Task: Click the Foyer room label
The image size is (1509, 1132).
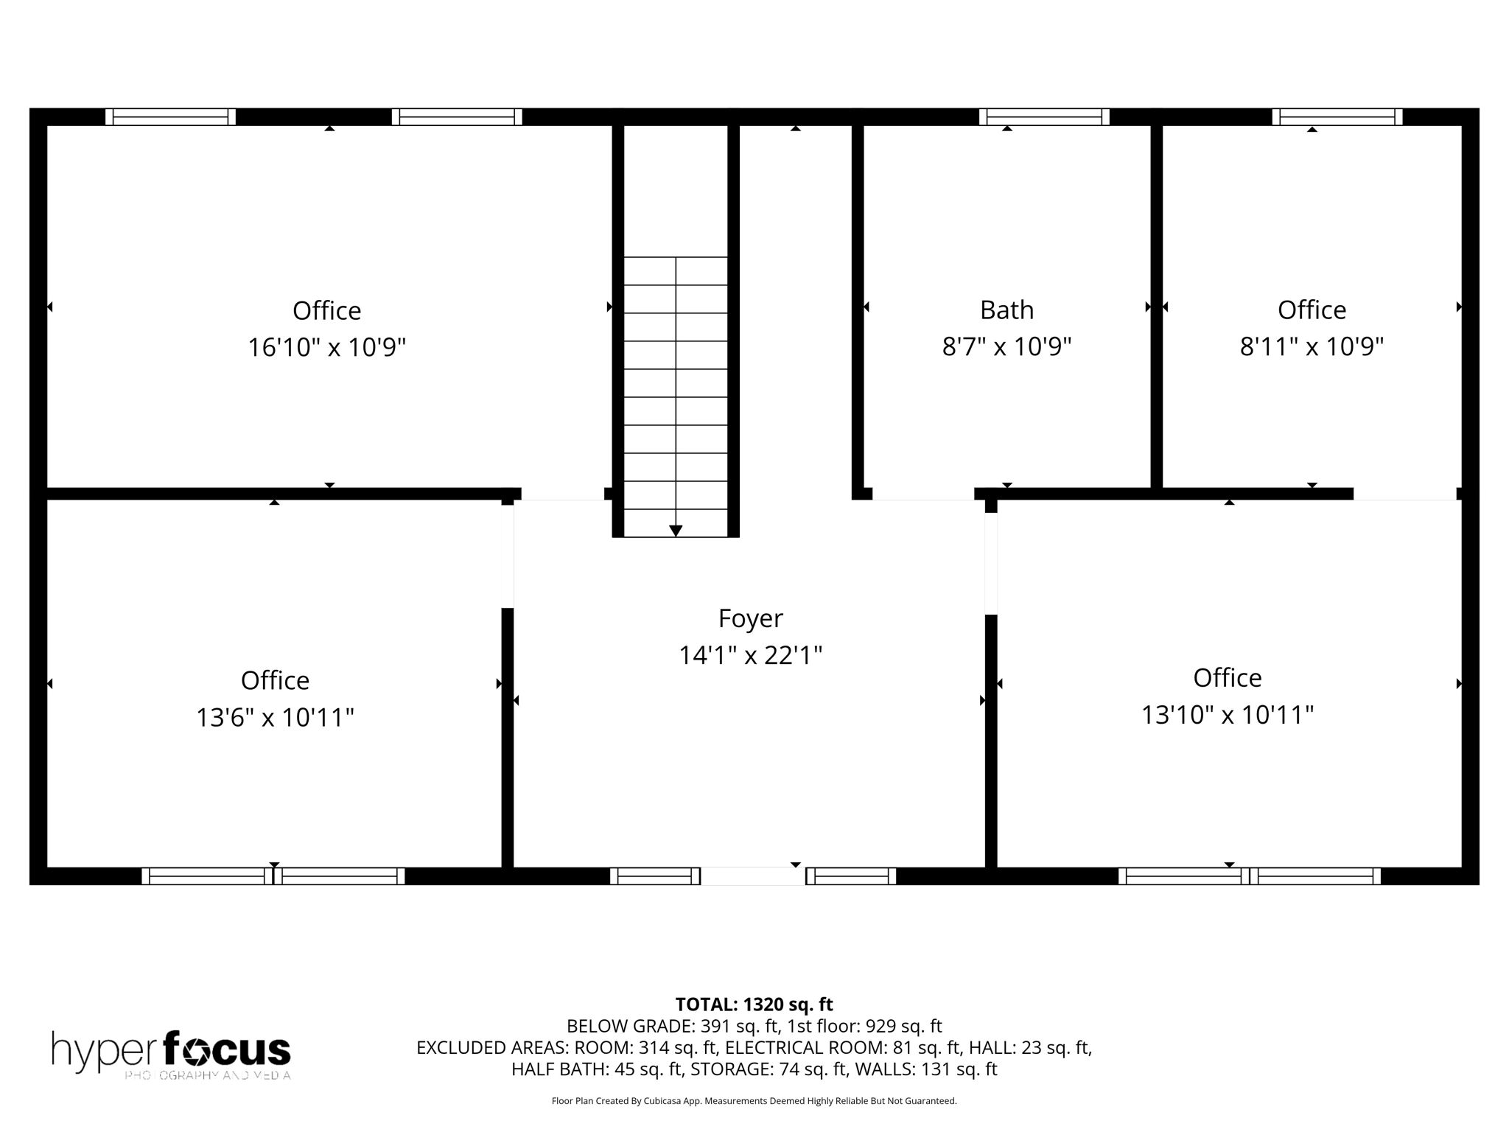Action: [750, 618]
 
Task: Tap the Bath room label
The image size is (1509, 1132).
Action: [1006, 310]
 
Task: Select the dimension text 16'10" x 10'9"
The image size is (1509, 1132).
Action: [326, 347]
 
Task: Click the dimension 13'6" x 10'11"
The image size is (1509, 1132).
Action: [275, 717]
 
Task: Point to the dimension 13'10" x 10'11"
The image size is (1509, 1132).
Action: [1227, 715]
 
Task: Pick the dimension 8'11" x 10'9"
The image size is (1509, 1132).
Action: [1312, 346]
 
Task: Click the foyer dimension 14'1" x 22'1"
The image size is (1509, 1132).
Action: [750, 655]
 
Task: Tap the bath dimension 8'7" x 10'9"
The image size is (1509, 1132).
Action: [1006, 346]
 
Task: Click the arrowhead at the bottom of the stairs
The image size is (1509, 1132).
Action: [676, 531]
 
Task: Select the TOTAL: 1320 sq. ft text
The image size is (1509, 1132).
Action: [754, 1005]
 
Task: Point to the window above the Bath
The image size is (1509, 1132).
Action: [1044, 117]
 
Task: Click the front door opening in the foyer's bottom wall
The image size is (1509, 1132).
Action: [752, 876]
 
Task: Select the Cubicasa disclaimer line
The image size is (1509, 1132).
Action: [754, 1101]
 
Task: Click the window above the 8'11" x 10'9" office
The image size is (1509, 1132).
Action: [1337, 117]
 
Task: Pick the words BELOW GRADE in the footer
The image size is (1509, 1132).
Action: [630, 1026]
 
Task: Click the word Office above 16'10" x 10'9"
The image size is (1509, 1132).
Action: [326, 311]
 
